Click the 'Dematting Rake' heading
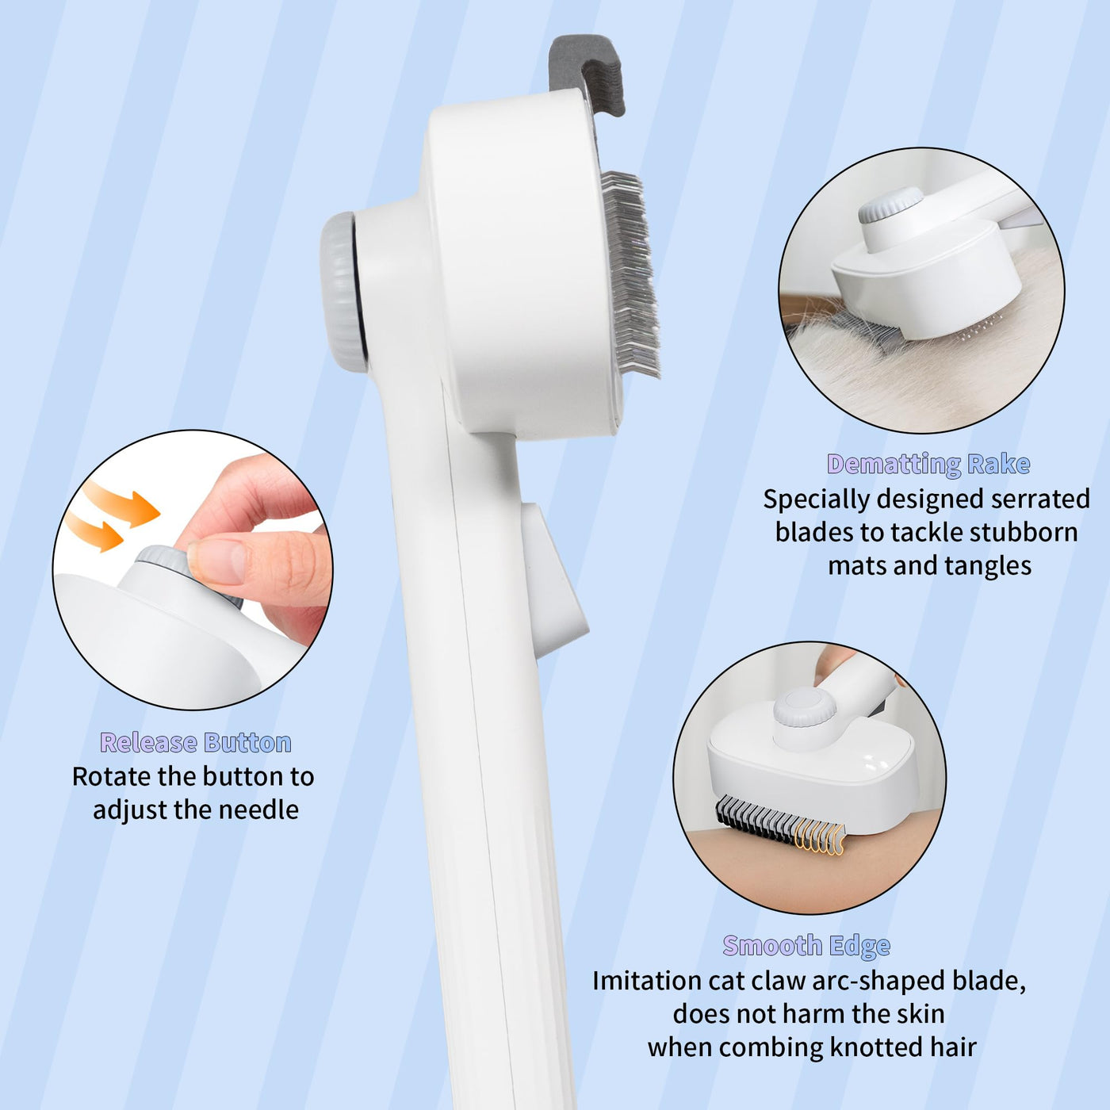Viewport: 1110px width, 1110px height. pos(928,465)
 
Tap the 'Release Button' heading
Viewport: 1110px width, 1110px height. pos(196,742)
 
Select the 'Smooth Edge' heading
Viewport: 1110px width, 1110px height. pos(806,946)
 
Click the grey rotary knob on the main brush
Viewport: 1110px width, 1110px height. pos(343,292)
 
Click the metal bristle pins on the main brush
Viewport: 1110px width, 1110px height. pos(630,274)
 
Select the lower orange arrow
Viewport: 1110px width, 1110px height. pos(94,531)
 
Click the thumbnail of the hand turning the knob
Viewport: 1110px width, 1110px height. pos(193,570)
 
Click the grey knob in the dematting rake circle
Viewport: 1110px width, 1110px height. pos(890,205)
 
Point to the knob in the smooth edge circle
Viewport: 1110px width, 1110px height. pos(805,710)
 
